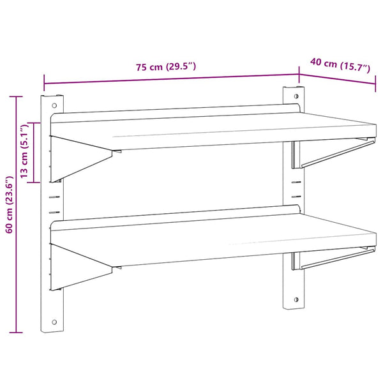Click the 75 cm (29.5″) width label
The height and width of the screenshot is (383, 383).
tap(166, 66)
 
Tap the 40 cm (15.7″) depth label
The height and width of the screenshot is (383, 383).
tap(340, 65)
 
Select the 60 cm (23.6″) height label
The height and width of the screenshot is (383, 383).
tap(10, 204)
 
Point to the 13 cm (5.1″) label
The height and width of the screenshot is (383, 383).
tap(24, 151)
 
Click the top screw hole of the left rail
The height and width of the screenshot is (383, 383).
tap(54, 105)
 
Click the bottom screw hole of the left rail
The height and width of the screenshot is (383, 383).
tap(54, 322)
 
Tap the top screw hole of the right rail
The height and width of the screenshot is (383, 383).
tap(296, 96)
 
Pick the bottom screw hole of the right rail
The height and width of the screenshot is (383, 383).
tap(296, 299)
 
